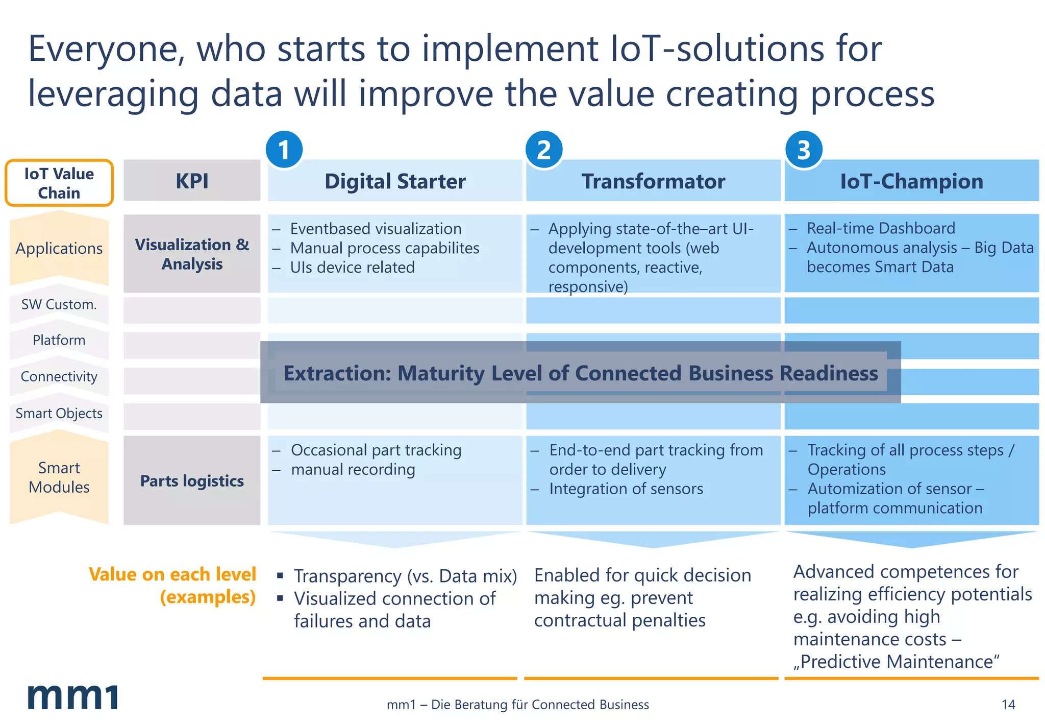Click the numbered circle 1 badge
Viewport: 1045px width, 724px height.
click(x=284, y=150)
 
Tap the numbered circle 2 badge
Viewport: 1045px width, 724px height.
click(x=544, y=150)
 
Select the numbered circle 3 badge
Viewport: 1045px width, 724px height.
click(x=804, y=150)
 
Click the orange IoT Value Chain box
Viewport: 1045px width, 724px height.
click(x=59, y=183)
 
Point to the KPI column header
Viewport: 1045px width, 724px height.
click(x=192, y=181)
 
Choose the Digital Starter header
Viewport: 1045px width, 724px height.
click(x=395, y=181)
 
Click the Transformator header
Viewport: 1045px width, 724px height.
click(x=653, y=181)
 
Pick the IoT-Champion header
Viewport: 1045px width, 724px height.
click(x=911, y=181)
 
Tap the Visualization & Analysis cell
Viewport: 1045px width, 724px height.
click(x=192, y=254)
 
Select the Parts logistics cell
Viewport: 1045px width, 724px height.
click(x=192, y=480)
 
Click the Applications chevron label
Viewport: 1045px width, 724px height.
click(x=59, y=249)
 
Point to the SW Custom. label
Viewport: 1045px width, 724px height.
click(x=59, y=305)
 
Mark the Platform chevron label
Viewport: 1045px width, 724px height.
click(x=59, y=341)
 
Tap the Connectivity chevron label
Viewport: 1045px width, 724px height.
click(x=59, y=377)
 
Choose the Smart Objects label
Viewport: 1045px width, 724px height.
click(x=59, y=414)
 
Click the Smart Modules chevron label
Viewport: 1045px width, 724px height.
click(x=59, y=477)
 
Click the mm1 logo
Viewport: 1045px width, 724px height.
click(x=72, y=697)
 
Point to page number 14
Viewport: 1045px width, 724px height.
click(x=1008, y=705)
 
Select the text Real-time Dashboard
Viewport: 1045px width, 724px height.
click(x=881, y=228)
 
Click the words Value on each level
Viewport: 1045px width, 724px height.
click(x=172, y=574)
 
